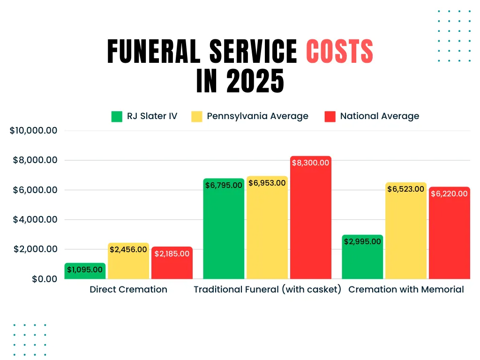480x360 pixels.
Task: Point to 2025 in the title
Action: point(255,81)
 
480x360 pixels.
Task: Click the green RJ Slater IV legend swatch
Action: point(117,116)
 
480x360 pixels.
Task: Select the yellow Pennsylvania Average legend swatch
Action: point(197,116)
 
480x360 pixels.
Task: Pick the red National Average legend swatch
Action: point(330,116)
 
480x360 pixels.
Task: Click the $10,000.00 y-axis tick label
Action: point(33,130)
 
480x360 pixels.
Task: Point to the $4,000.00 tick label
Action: point(36,219)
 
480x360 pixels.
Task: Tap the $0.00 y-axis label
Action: point(45,279)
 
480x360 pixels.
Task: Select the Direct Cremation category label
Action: point(128,289)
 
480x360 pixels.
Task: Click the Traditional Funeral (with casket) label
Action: point(268,289)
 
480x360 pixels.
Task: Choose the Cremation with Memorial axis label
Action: point(406,289)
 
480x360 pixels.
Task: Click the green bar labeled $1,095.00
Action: point(85,272)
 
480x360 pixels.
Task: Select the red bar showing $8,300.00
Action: point(311,220)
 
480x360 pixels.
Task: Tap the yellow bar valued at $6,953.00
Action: point(267,230)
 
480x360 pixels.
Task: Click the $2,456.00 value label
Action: point(128,249)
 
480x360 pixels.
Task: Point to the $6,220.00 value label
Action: point(449,194)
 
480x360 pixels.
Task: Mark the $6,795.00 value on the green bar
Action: point(224,185)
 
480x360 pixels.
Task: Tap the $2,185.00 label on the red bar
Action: point(172,254)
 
